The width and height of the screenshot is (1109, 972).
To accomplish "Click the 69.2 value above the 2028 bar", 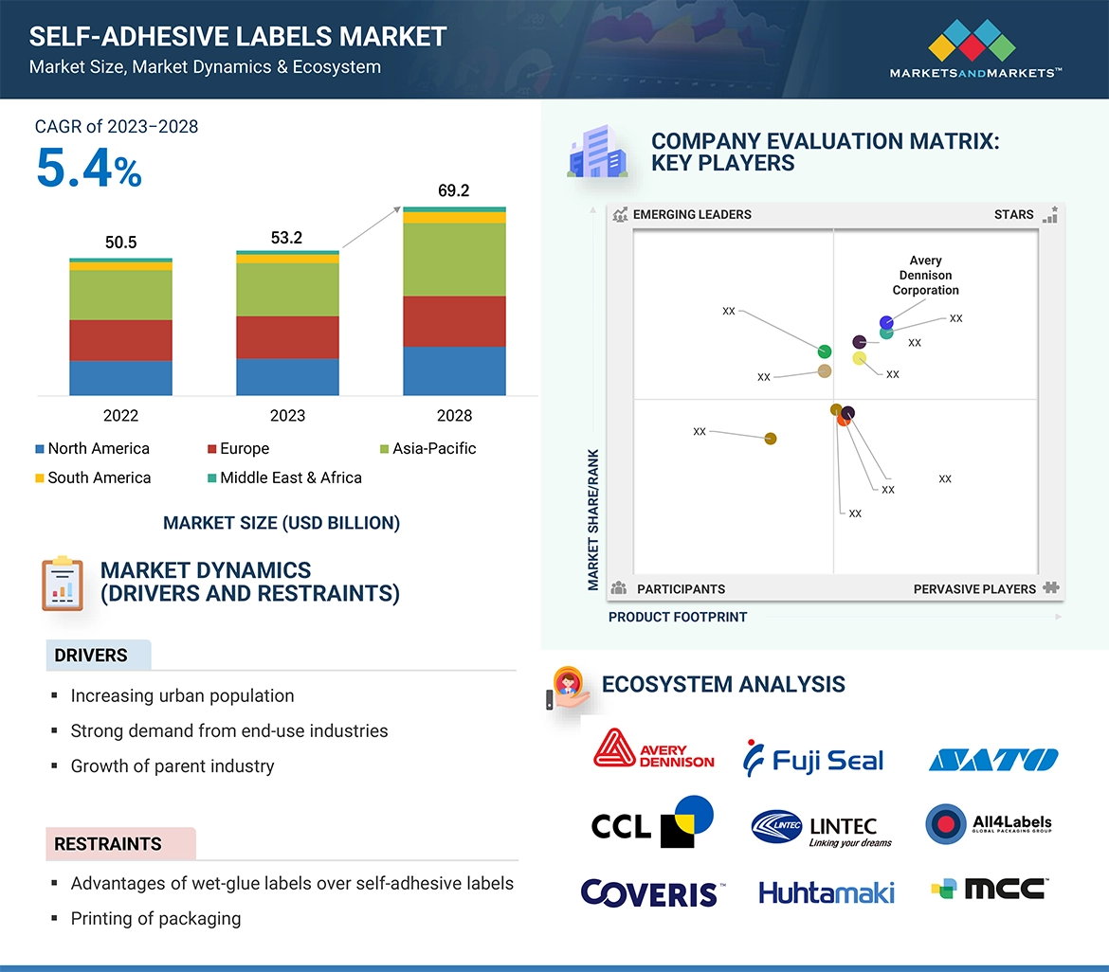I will click(453, 190).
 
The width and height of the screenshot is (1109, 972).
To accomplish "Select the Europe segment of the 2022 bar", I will click(120, 340).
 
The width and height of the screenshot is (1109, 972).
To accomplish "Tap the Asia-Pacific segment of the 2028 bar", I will click(453, 260).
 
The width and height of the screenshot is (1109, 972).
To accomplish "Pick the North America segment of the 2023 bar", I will click(287, 376).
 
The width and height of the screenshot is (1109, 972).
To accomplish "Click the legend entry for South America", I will click(92, 477).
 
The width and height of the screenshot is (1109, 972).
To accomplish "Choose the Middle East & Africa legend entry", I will click(283, 477).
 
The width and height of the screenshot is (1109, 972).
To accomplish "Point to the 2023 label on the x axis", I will click(287, 415).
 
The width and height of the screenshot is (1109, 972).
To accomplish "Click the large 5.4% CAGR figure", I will click(89, 168).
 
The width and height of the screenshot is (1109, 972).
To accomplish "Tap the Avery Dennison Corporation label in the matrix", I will click(925, 275).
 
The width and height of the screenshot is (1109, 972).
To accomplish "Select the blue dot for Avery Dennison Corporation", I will click(886, 322).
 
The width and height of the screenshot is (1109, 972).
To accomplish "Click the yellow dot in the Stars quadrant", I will click(860, 358).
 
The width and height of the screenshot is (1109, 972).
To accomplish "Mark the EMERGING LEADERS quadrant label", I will click(691, 214).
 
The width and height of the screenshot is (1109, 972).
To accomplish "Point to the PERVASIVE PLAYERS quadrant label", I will click(974, 588).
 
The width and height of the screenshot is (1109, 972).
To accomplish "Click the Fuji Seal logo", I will click(813, 759).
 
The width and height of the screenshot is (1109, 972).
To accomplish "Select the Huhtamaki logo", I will click(826, 891).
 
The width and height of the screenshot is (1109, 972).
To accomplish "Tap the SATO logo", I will click(992, 760).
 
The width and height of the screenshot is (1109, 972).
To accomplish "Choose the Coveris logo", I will click(652, 892).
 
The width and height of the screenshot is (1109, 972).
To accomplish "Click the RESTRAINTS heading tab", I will click(108, 843).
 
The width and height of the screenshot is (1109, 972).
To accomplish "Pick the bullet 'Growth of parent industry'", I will click(172, 765).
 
